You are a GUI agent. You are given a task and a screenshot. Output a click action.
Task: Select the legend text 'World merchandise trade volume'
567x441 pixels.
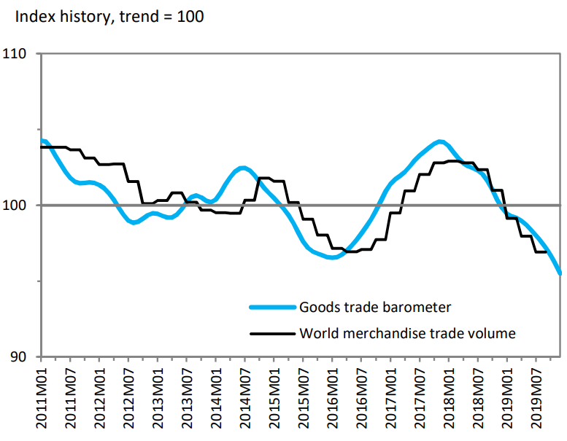click(407, 334)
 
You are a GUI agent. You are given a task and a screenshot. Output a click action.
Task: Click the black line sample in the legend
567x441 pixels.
click(271, 335)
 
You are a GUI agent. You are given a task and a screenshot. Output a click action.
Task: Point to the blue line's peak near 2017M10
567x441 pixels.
click(439, 141)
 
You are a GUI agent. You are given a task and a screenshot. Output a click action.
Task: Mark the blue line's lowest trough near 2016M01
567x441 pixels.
click(332, 257)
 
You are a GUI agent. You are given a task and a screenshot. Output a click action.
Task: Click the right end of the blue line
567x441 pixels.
click(560, 274)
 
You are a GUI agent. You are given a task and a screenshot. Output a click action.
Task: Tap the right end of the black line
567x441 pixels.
click(547, 251)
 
